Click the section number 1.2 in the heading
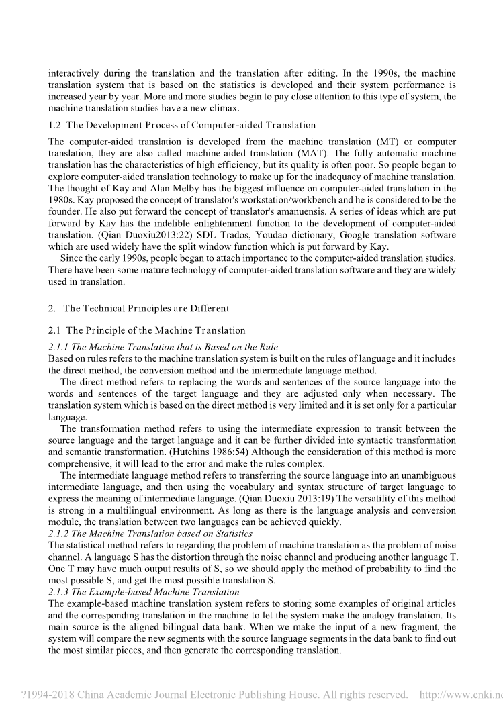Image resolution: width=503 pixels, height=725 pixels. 55,125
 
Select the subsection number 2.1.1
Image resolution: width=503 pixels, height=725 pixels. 58,347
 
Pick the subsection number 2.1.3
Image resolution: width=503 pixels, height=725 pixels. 58,592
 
